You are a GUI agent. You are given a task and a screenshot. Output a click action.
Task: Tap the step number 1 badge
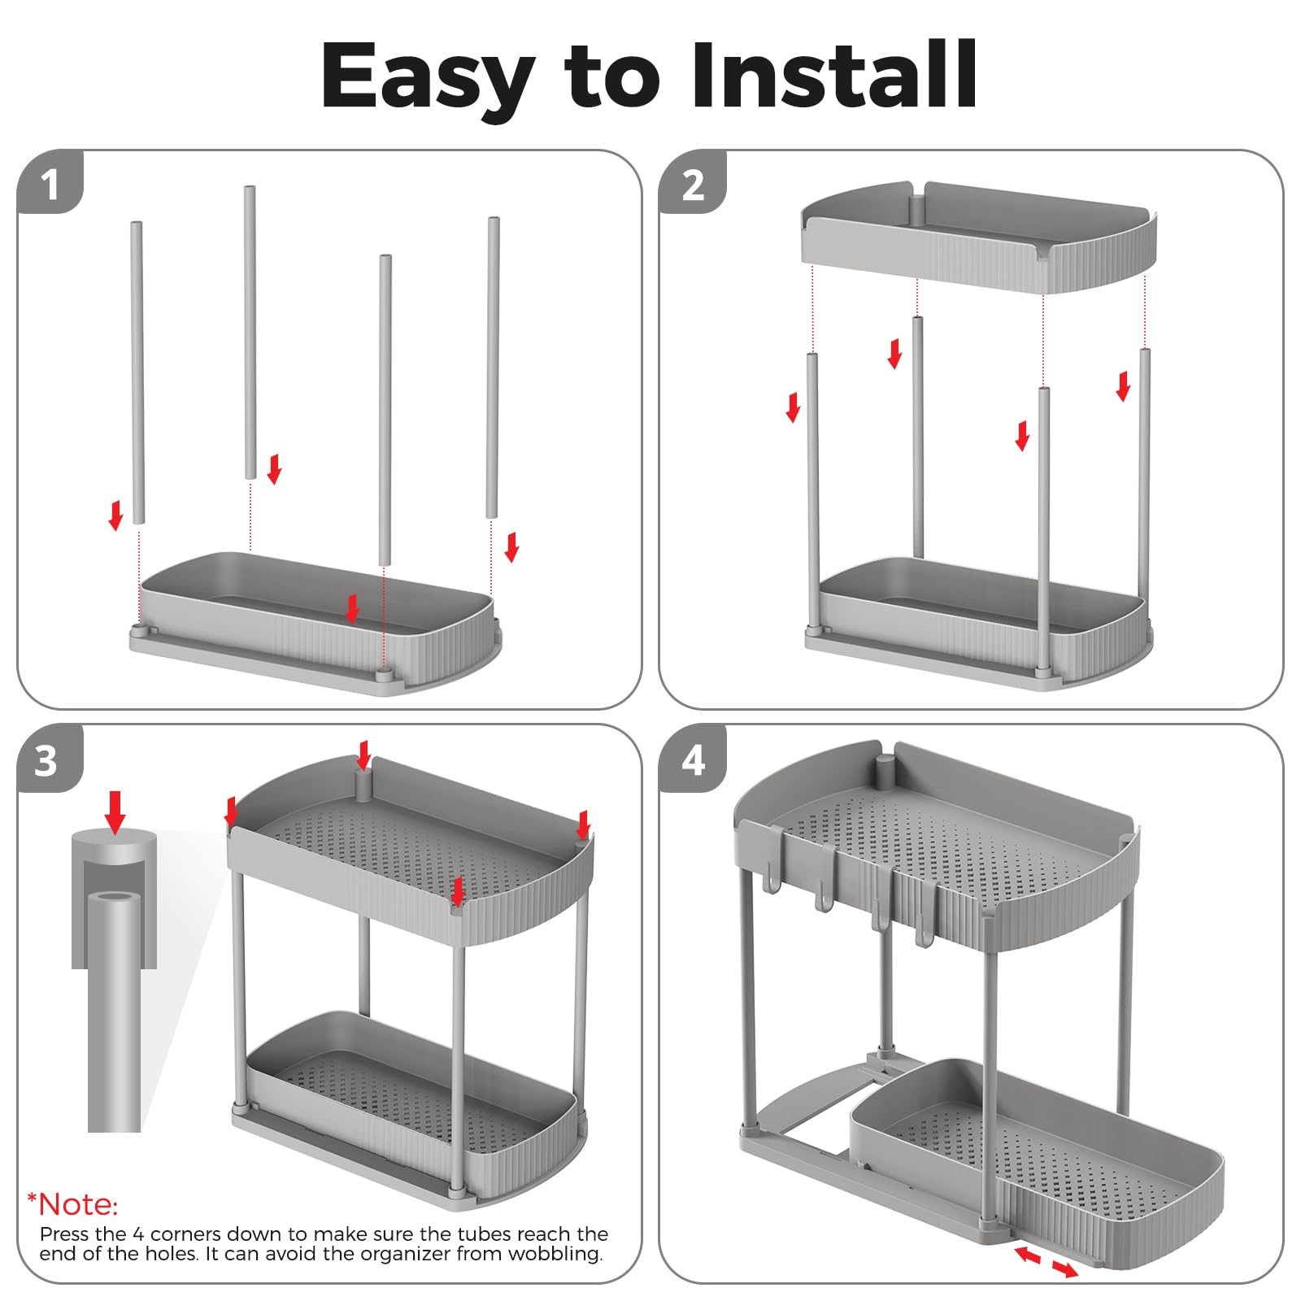click(50, 183)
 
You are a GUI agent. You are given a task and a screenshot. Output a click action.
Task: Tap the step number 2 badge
click(693, 183)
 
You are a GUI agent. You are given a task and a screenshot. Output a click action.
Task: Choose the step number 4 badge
click(693, 759)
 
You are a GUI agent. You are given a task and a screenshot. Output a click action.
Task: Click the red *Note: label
click(72, 1204)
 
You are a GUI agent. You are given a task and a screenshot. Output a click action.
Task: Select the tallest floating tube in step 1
click(250, 333)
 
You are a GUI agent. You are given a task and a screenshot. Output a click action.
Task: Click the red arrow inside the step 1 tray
click(352, 608)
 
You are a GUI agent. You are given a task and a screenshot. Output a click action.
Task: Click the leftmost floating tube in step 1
click(137, 372)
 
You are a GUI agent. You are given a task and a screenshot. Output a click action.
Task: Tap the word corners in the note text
click(180, 1234)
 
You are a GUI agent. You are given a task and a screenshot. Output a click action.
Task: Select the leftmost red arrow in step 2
click(793, 407)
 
